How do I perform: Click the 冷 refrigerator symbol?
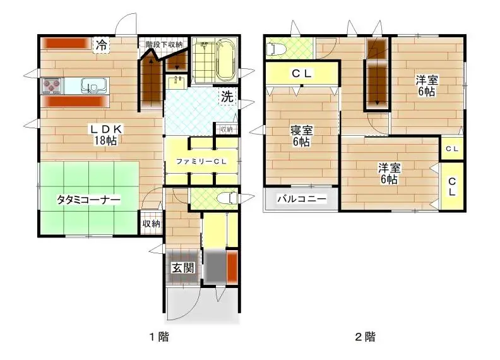point(102,45)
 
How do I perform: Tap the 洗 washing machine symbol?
point(227,97)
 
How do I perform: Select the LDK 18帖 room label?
point(105,135)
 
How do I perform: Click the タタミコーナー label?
point(88,200)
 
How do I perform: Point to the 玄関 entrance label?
point(183,267)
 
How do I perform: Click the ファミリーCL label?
point(201,162)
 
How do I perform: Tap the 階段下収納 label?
point(164,44)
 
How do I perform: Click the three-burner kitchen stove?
point(52,85)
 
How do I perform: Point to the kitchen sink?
point(91,85)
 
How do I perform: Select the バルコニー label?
point(302,199)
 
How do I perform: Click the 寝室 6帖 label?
point(301,136)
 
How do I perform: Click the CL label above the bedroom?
point(301,73)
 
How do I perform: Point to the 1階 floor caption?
point(159,337)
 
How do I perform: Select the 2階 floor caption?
point(366,337)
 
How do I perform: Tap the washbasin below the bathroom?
point(177,82)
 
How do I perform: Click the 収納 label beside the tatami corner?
point(151,224)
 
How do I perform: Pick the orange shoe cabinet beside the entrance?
point(232,267)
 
